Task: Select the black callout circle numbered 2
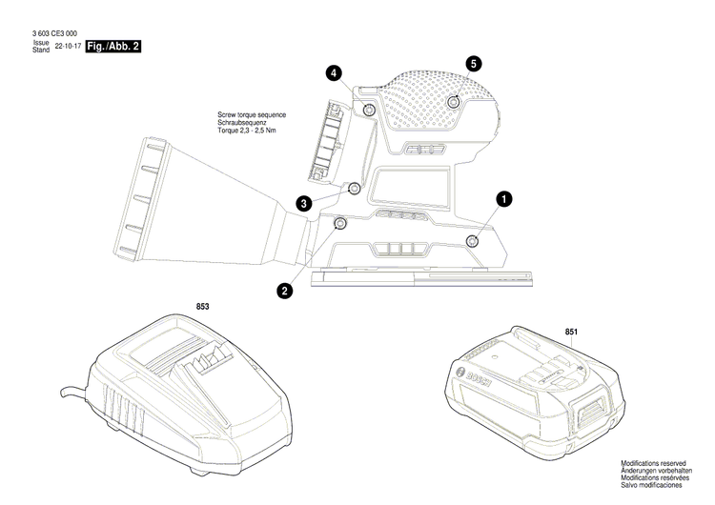click(284, 292)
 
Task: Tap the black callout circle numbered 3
click(304, 203)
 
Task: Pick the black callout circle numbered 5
click(474, 63)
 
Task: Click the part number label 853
click(202, 307)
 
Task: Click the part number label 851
click(571, 332)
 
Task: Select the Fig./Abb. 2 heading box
click(113, 47)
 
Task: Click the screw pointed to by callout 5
click(455, 100)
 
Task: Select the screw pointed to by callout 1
click(471, 239)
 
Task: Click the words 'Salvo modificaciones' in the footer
click(655, 486)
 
